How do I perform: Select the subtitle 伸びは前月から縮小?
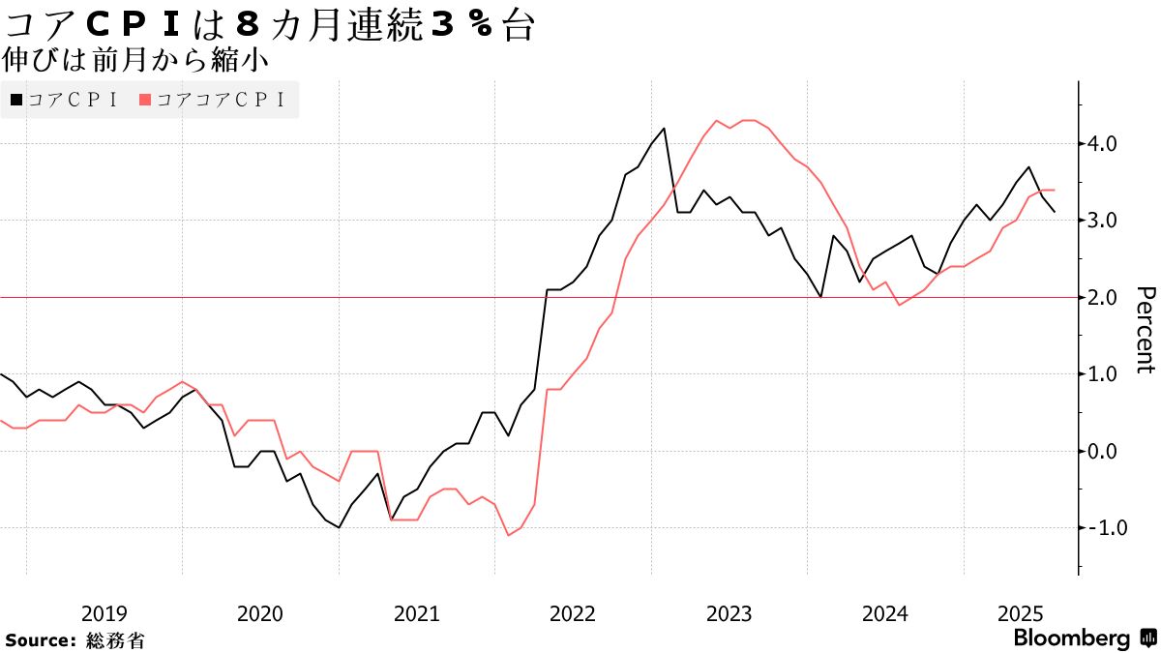pos(135,60)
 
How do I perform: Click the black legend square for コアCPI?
pos(16,100)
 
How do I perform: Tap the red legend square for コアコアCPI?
pos(145,100)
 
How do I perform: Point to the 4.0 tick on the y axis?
pos(1104,144)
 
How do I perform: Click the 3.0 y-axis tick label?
pos(1104,221)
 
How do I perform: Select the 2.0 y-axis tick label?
pos(1104,297)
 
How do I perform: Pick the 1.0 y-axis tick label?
pos(1104,374)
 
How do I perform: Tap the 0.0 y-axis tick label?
pos(1104,451)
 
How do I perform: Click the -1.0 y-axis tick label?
pos(1101,528)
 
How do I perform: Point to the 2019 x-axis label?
pos(104,613)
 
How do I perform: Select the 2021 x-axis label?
pos(416,613)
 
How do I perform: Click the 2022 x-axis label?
pos(573,613)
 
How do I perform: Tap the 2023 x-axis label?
pos(729,613)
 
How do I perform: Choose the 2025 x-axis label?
pos(1020,613)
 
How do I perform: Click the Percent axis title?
pos(1145,330)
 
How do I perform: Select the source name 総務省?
pos(115,640)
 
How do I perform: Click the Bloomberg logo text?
pos(1071,638)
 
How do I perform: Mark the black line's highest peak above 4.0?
pos(664,128)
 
